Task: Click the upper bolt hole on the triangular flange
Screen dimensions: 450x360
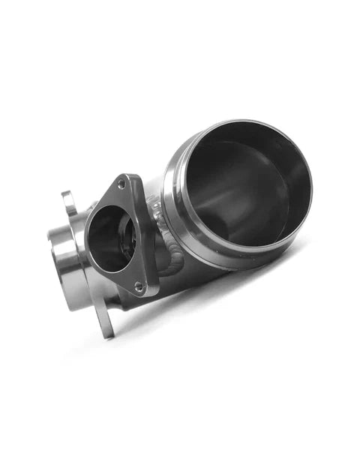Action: [x=121, y=184]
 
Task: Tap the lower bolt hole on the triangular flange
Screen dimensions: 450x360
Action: [x=138, y=285]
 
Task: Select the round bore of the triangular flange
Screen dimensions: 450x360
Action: [x=110, y=238]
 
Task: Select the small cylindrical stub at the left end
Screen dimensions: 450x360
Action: [x=66, y=259]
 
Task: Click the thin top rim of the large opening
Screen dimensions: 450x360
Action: [x=240, y=124]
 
